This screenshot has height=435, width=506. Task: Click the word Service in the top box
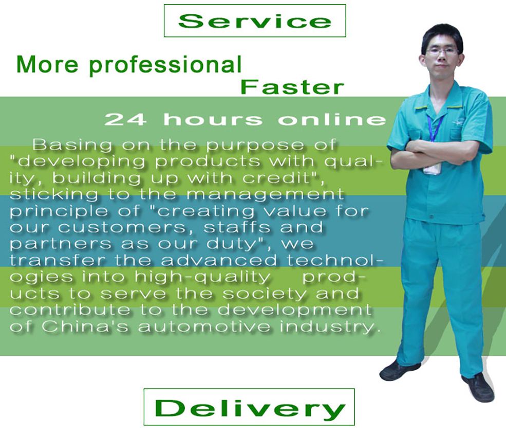click(255, 21)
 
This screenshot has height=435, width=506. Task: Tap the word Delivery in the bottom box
click(250, 408)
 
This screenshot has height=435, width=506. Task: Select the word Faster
click(292, 87)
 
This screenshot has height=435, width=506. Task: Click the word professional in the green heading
click(165, 65)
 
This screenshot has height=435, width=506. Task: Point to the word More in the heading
click(47, 64)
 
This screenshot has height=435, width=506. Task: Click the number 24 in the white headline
click(125, 119)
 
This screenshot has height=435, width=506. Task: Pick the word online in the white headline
click(332, 119)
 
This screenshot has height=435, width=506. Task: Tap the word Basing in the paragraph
click(72, 146)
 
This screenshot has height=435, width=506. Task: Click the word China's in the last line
click(85, 327)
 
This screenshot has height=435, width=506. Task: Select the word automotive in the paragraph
click(204, 327)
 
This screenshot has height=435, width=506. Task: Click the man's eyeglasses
click(442, 51)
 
